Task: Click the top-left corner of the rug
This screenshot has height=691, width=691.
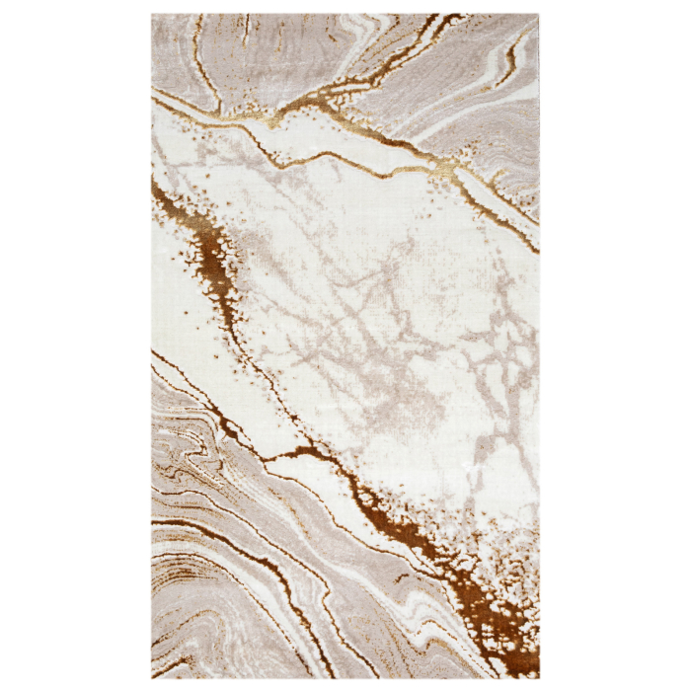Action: coord(152,15)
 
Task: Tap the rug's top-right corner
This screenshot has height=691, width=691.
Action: coord(539,15)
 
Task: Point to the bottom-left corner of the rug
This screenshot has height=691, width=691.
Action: coord(152,679)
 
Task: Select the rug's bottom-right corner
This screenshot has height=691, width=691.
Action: coord(539,679)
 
